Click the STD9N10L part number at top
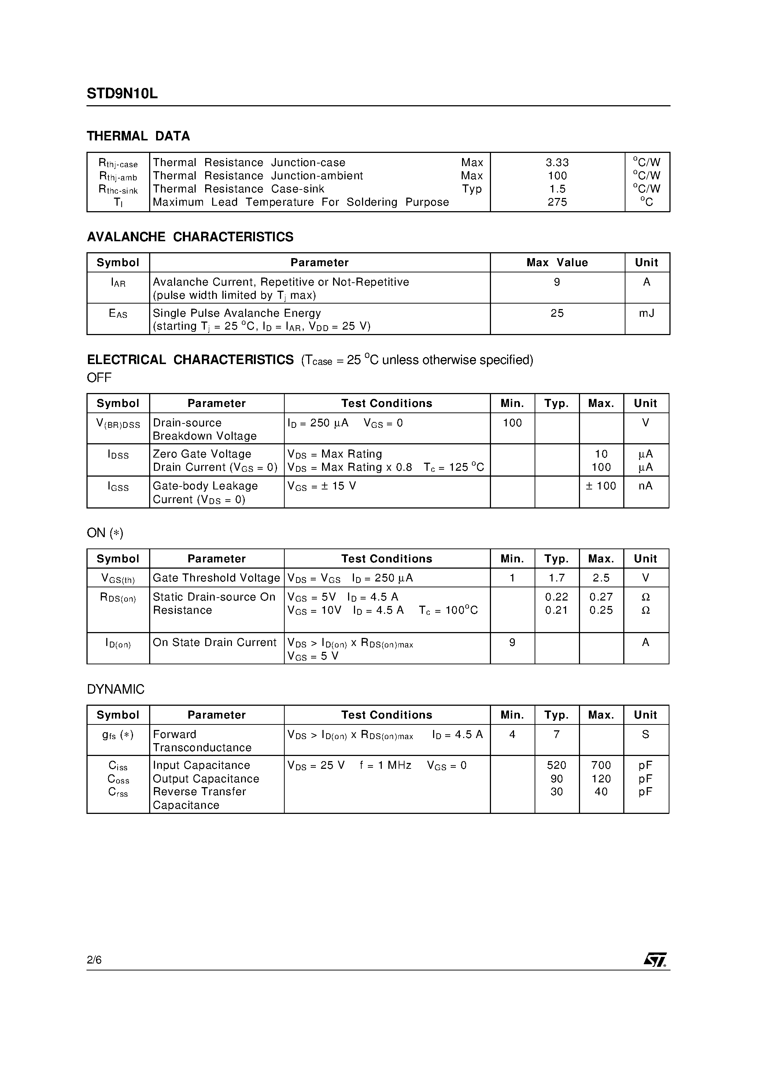coord(122,94)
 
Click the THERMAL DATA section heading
coord(138,136)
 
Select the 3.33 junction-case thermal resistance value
coord(557,162)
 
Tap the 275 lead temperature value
coord(557,202)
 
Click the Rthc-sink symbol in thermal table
coord(118,190)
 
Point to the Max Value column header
coord(557,263)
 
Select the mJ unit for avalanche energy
coord(646,313)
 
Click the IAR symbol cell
coord(118,282)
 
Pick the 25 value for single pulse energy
coord(557,313)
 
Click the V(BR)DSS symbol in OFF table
coord(118,423)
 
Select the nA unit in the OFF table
coord(646,486)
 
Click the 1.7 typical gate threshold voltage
coord(556,578)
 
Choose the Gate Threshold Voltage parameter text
coord(216,578)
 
